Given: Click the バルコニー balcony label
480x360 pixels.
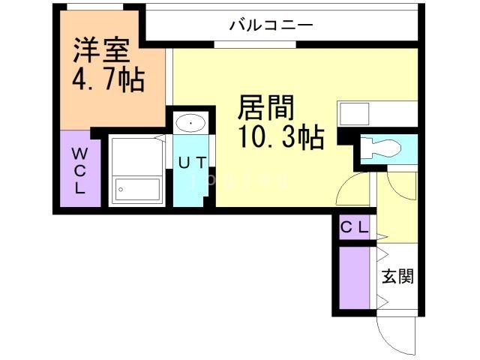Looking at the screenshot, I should click(271, 24).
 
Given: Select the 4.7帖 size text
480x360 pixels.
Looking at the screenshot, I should click(108, 79).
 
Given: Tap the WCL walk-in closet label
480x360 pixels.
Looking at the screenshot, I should click(79, 170).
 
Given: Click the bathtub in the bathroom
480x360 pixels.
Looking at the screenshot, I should click(137, 189).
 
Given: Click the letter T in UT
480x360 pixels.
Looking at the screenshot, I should click(202, 160).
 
